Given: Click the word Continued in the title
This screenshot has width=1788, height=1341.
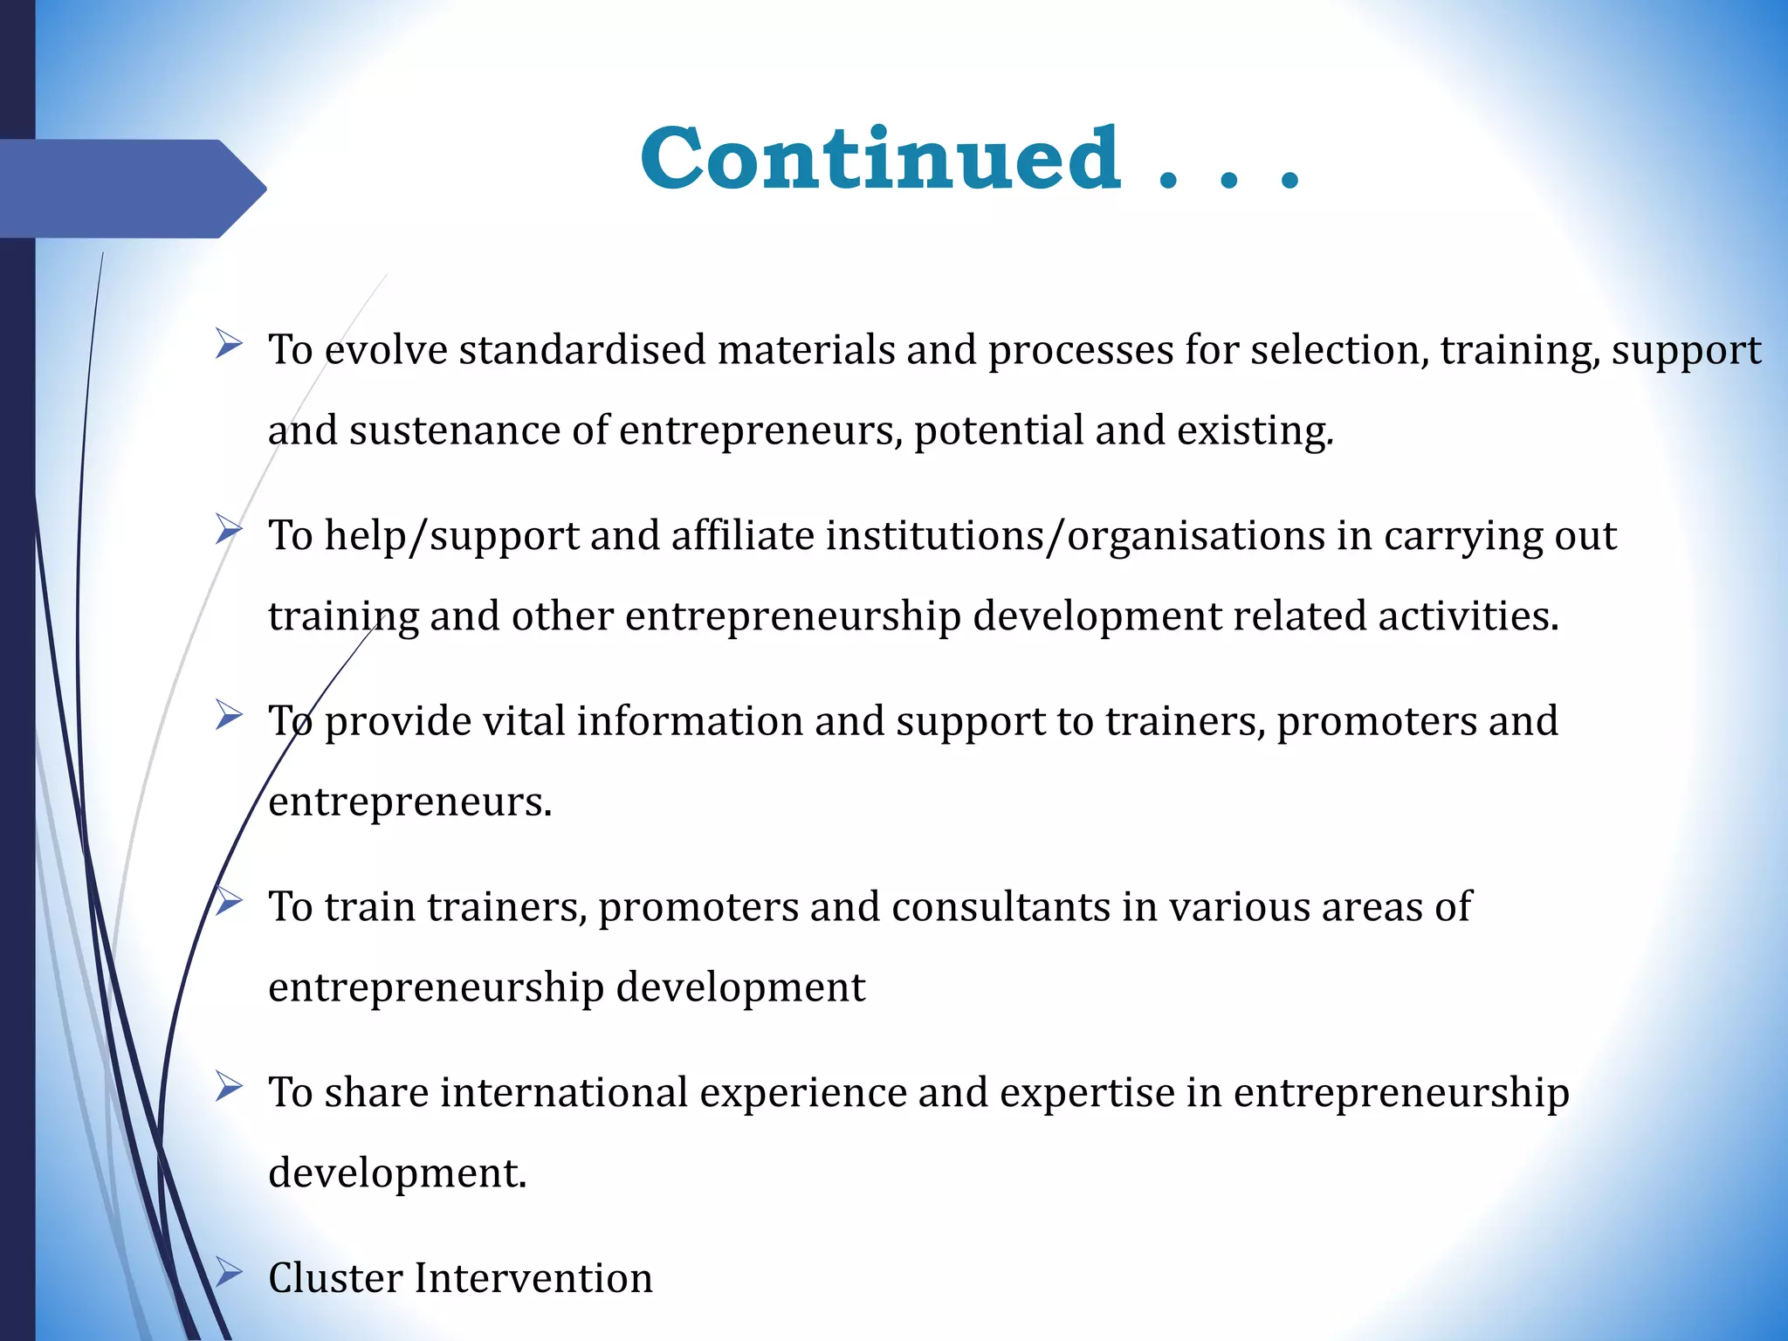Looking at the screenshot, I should pyautogui.click(x=880, y=159).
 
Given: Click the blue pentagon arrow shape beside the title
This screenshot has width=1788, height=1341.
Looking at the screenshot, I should pyautogui.click(x=131, y=189).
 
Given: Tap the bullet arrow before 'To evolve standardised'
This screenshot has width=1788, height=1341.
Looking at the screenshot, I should pyautogui.click(x=229, y=344).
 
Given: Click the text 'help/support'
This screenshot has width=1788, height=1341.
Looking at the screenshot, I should pyautogui.click(x=451, y=535).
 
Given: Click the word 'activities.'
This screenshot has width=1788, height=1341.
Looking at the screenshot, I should pyautogui.click(x=1468, y=615).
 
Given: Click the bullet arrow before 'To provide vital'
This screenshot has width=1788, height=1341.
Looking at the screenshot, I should pyautogui.click(x=229, y=716).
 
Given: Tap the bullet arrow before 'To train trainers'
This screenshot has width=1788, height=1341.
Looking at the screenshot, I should pyautogui.click(x=229, y=901).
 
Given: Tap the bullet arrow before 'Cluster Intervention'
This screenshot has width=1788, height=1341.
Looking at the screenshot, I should pyautogui.click(x=229, y=1272).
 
